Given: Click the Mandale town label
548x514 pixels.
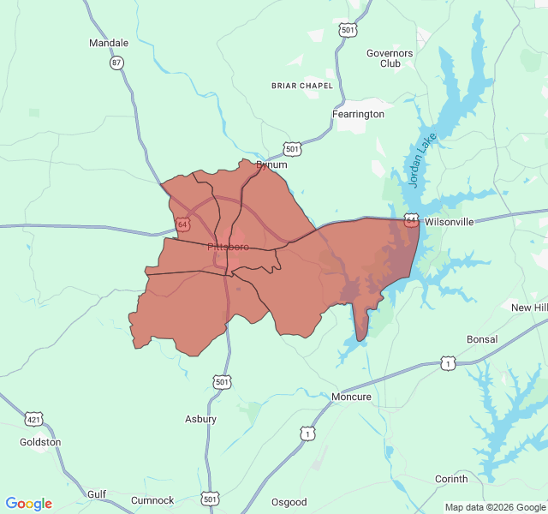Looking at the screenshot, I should click(x=109, y=43).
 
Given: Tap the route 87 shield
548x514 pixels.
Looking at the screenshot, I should click(x=116, y=63).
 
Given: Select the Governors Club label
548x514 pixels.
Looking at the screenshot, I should click(x=390, y=58).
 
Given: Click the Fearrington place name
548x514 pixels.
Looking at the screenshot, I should click(x=358, y=114).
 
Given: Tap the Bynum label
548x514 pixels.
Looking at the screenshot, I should click(x=271, y=164).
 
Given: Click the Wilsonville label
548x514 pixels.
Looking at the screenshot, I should click(x=449, y=222).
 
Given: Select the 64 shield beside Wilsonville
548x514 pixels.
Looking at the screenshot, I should click(x=412, y=221).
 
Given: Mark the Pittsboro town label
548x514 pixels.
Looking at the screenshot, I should click(x=228, y=247).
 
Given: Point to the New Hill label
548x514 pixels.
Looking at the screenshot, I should click(x=529, y=308).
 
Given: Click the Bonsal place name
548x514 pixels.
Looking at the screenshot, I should click(x=482, y=339).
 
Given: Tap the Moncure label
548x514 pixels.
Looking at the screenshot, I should click(x=351, y=397).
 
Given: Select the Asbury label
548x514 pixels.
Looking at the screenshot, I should click(x=200, y=419).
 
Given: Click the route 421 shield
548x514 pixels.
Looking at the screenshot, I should click(x=33, y=419).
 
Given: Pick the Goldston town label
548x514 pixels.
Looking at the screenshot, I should click(x=40, y=442).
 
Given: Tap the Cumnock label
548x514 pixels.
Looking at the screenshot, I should click(x=152, y=500).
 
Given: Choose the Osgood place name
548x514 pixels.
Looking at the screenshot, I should click(x=289, y=502).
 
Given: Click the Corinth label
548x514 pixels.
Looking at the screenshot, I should click(x=451, y=478).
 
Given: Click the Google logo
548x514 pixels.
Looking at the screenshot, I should click(x=29, y=504).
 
